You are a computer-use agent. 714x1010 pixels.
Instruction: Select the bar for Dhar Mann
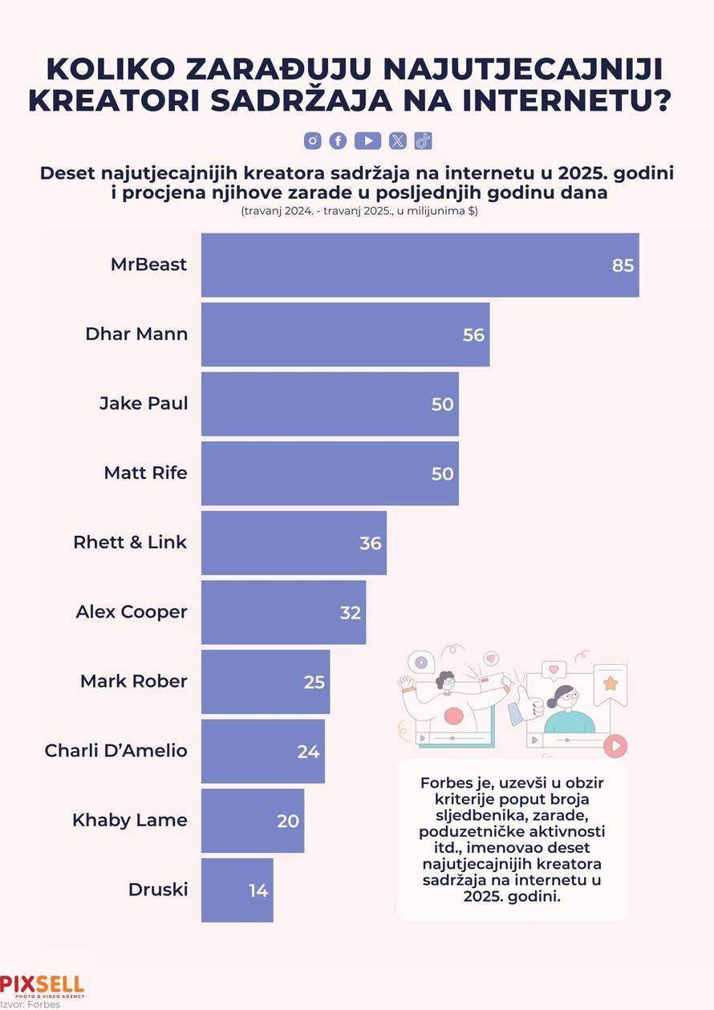(x=345, y=335)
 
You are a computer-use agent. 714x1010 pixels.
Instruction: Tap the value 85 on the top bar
(x=623, y=266)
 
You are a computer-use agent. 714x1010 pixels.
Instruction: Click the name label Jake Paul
(x=144, y=404)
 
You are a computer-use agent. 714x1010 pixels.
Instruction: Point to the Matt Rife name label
(x=145, y=473)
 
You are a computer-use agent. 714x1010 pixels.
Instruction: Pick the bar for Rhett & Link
(x=294, y=543)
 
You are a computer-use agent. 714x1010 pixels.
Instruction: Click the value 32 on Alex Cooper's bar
(x=351, y=613)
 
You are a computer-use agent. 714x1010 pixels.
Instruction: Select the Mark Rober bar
(x=265, y=682)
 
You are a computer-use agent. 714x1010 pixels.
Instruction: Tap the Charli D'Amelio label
(x=116, y=751)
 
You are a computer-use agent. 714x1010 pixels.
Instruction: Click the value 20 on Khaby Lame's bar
(x=288, y=821)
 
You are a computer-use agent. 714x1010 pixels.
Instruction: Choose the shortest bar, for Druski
(x=237, y=890)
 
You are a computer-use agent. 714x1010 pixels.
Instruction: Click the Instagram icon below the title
(x=312, y=141)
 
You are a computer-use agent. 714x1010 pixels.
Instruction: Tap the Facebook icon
(x=338, y=141)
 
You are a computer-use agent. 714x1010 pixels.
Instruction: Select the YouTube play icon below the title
(x=367, y=141)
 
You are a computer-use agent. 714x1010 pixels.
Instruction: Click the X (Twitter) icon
(x=398, y=141)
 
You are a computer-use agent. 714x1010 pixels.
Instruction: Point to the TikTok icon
(x=424, y=141)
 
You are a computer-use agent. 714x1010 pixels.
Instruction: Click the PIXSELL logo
(x=42, y=986)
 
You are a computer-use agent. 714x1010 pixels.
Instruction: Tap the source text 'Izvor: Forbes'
(x=30, y=1004)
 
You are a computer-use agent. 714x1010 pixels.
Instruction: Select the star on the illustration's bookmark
(x=610, y=683)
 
